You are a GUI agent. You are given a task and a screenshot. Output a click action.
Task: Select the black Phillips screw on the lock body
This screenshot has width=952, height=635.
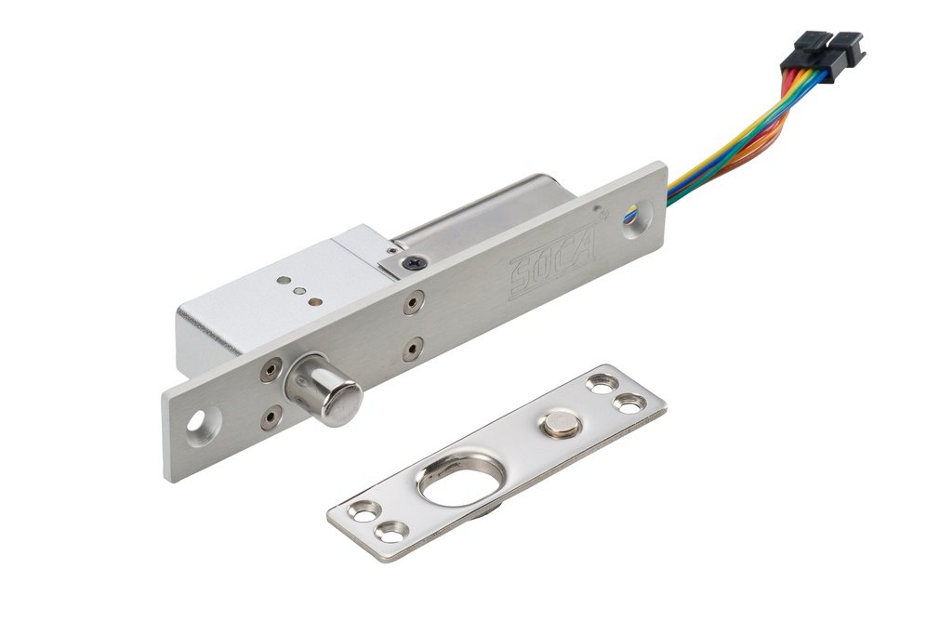click(x=414, y=263)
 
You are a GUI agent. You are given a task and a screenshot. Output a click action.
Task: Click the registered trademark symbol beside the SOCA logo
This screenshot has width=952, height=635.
click(x=602, y=213)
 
